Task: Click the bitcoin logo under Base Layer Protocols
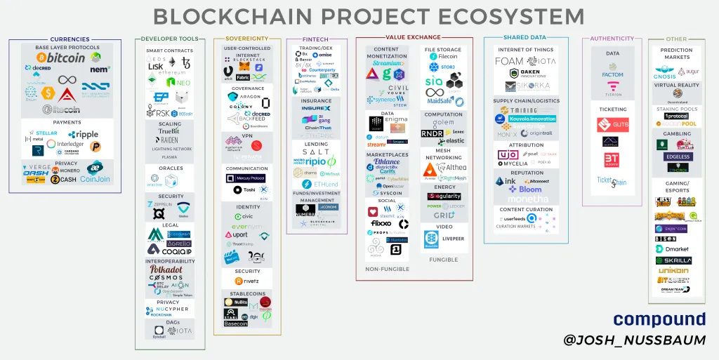pyautogui.click(x=62, y=58)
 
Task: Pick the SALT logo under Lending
pyautogui.click(x=316, y=152)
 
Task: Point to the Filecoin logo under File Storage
pyautogui.click(x=443, y=57)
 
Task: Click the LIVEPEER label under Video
pyautogui.click(x=452, y=239)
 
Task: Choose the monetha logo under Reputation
pyautogui.click(x=525, y=199)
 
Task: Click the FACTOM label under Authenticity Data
pyautogui.click(x=612, y=74)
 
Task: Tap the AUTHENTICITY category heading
pyautogui.click(x=612, y=39)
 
